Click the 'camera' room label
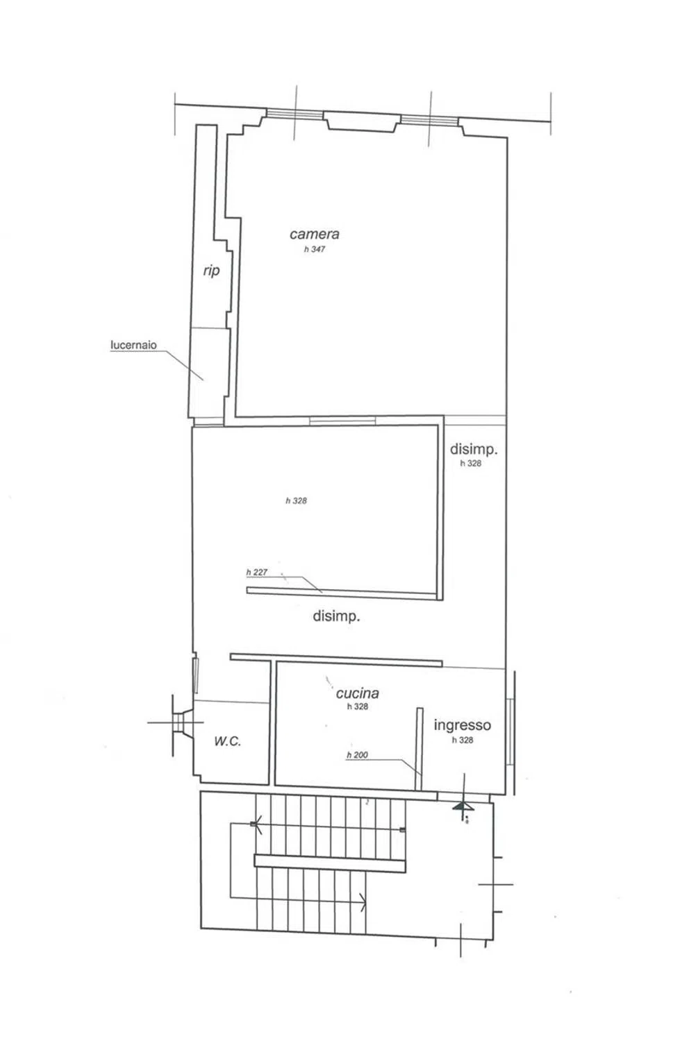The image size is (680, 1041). pos(314,234)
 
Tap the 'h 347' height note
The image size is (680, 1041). pos(315,249)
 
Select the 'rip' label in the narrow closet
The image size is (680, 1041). pos(211,271)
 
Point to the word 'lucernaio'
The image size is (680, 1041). pos(133,345)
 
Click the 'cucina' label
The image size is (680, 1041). pos(357,693)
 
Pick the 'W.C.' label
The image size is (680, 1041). pos(227,741)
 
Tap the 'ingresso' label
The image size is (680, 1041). pos(462,725)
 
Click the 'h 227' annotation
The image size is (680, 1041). pos(257,572)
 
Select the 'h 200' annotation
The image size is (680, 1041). pos(357,755)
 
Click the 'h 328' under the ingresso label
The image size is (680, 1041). pos(463,740)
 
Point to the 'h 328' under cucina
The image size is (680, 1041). pos(357,706)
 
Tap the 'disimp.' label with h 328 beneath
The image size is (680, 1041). pos(474,449)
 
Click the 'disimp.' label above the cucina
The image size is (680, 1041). pos(335,616)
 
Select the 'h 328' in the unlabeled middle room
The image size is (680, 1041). pos(296,500)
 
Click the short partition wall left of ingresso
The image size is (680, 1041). pos(419,748)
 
